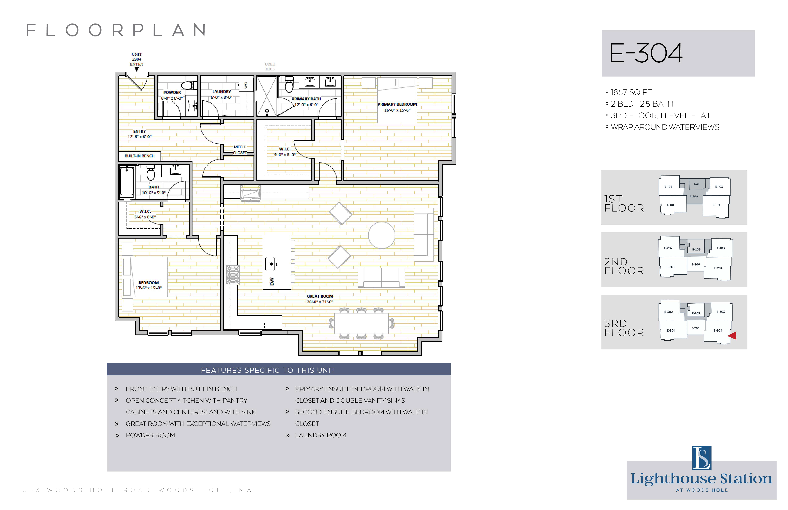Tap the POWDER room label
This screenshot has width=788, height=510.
point(172,92)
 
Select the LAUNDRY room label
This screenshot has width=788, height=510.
point(222,91)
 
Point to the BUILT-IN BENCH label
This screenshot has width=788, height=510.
point(139,156)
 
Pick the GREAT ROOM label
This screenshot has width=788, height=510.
point(320,296)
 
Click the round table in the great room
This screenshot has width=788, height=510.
point(381,235)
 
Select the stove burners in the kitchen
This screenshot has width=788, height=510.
point(232,275)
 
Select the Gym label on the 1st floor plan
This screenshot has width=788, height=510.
point(697,184)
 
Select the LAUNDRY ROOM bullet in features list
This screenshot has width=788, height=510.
point(321,435)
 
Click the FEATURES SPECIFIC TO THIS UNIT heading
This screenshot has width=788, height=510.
point(268,370)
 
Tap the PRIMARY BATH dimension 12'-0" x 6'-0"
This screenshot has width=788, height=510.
point(306,105)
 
